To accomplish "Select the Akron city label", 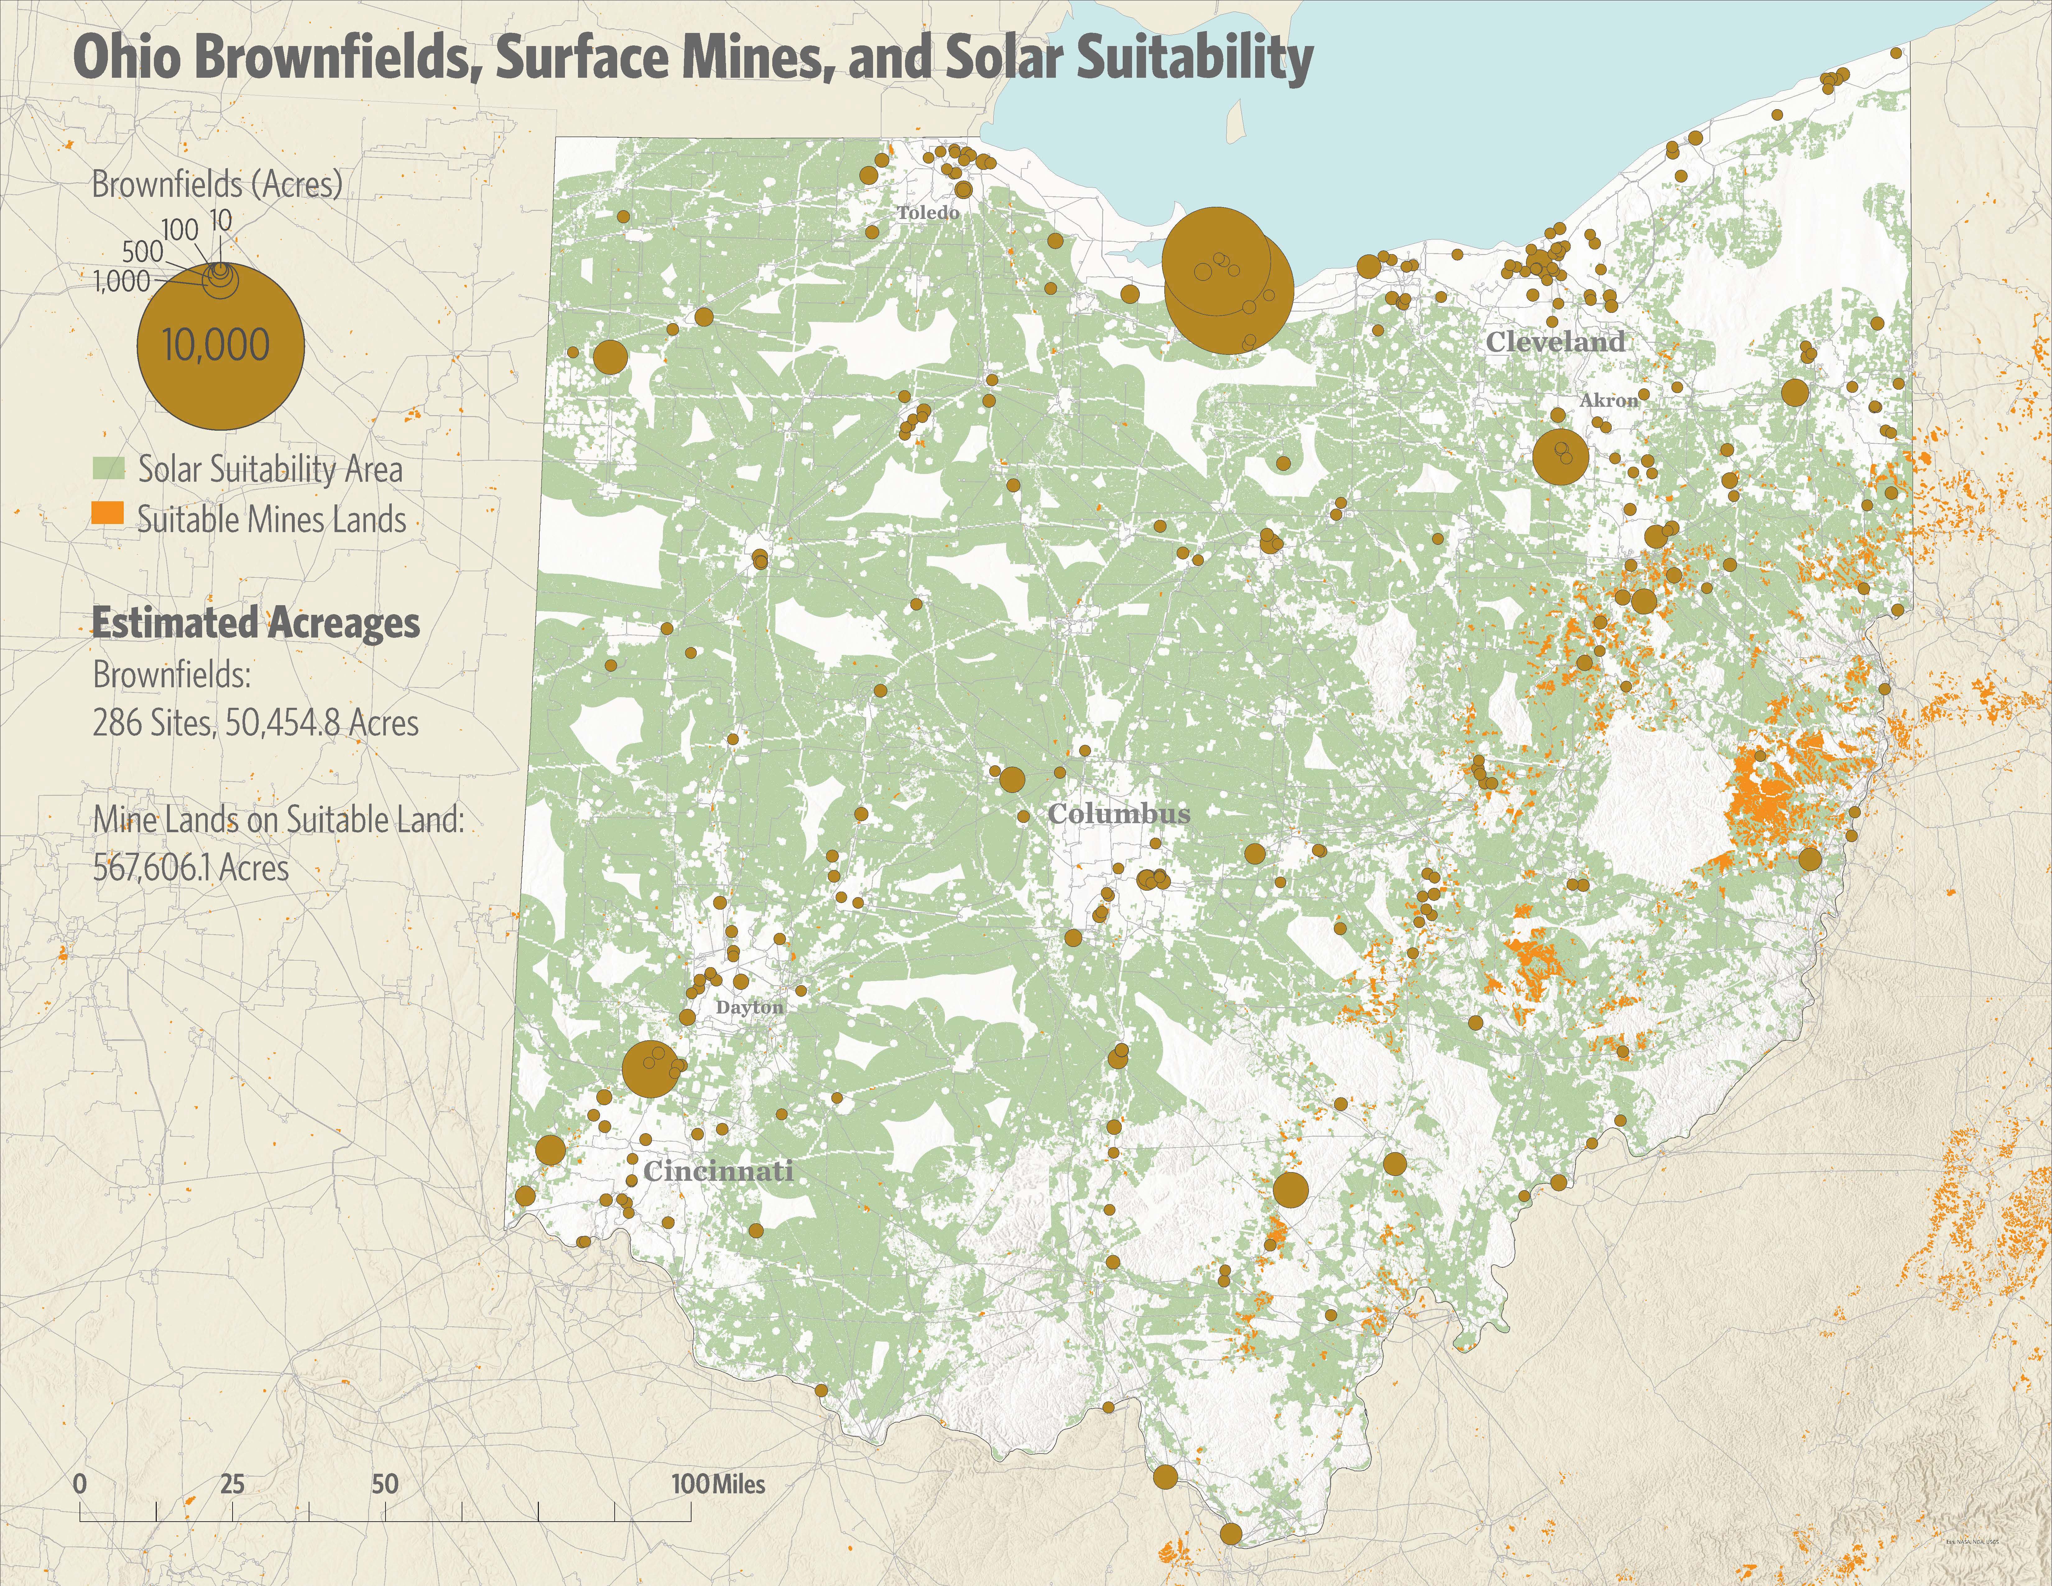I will coord(1609,400).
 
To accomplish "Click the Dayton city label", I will coord(749,1007).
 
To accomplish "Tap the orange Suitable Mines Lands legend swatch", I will coord(108,513).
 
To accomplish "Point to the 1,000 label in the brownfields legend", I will coord(122,281).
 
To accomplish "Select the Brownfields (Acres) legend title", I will coord(216,184).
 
